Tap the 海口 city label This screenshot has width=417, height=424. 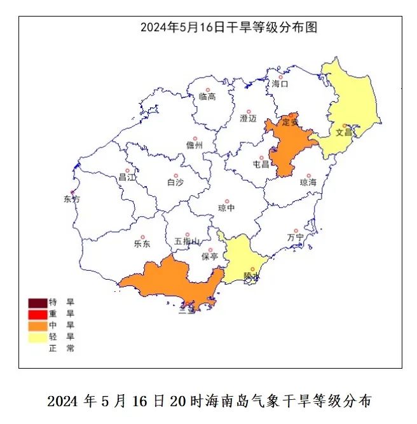280,84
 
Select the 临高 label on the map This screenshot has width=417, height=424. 207,97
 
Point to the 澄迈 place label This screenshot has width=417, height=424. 248,118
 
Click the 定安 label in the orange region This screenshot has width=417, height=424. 290,122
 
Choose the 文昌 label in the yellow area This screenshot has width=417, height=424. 344,133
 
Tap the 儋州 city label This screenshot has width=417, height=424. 195,146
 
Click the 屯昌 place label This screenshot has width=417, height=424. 261,164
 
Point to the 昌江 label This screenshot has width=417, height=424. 127,177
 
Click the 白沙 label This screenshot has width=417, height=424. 175,182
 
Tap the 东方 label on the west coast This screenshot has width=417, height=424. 72,199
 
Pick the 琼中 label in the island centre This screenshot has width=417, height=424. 226,207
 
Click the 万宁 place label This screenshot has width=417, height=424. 296,237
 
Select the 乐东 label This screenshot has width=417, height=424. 142,243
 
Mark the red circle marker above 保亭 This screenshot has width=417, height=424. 210,250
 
